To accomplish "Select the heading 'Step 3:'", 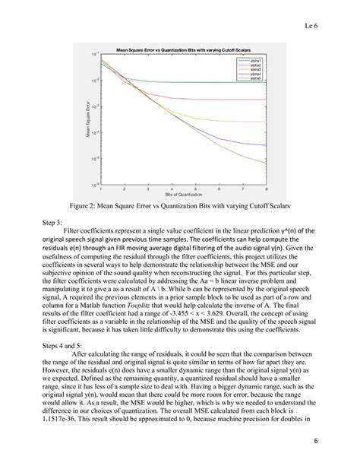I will pos(58,226).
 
